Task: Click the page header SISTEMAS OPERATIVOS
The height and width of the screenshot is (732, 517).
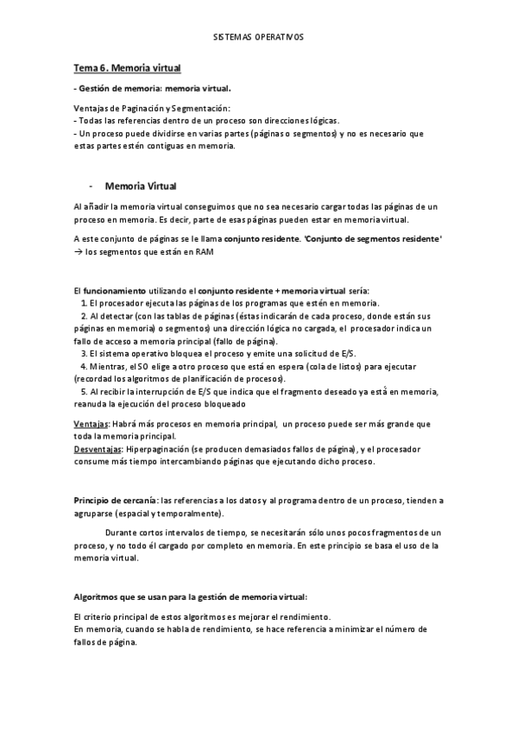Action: click(x=258, y=39)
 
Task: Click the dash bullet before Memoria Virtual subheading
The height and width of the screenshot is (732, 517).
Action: click(x=91, y=185)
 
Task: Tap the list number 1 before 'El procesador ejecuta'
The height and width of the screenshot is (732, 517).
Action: click(x=82, y=303)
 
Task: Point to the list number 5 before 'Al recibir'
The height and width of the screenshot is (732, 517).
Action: click(x=82, y=391)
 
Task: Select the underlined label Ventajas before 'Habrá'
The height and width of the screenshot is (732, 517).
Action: click(x=91, y=424)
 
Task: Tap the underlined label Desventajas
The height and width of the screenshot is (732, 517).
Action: click(x=97, y=449)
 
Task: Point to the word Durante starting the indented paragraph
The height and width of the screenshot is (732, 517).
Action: click(x=122, y=533)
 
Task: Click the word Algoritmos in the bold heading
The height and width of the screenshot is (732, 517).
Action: click(x=96, y=596)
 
